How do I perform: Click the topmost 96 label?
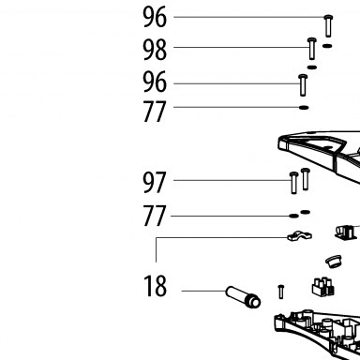pyautogui.click(x=155, y=17)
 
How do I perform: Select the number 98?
pyautogui.click(x=155, y=50)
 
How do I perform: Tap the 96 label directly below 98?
pyautogui.click(x=155, y=82)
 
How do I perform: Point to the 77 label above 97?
pyautogui.click(x=155, y=112)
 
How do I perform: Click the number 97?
pyautogui.click(x=154, y=183)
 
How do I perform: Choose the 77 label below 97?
pyautogui.click(x=155, y=216)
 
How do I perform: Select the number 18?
pyautogui.click(x=155, y=286)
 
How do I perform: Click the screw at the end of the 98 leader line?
pyautogui.click(x=312, y=49)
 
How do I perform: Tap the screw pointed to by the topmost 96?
pyautogui.click(x=328, y=26)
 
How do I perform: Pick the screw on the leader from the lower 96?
pyautogui.click(x=303, y=85)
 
